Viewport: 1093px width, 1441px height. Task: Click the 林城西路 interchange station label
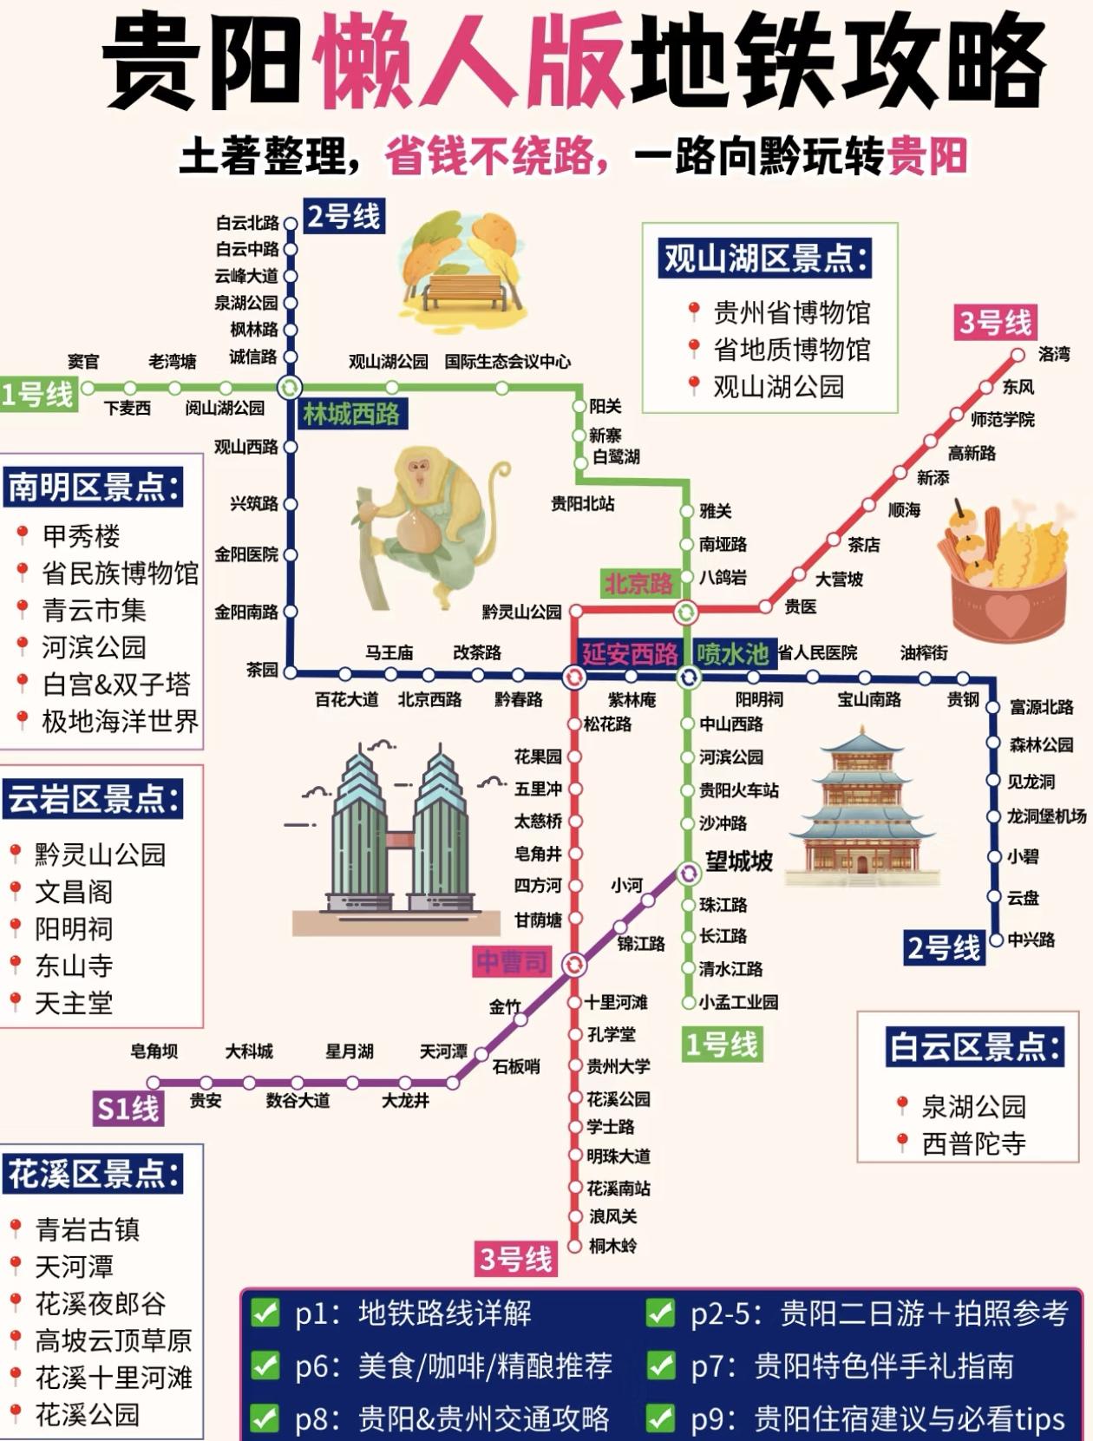[350, 415]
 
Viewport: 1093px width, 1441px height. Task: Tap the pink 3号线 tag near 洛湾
[995, 323]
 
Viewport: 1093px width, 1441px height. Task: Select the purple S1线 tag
[128, 1109]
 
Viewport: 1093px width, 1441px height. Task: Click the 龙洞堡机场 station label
[1045, 816]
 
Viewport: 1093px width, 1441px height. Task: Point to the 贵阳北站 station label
[582, 503]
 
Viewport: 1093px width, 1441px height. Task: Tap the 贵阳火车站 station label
[738, 790]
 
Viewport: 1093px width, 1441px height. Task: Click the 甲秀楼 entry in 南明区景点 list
[81, 535]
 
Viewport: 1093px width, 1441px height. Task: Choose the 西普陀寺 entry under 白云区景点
[972, 1143]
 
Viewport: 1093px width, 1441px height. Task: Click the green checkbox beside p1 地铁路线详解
[265, 1313]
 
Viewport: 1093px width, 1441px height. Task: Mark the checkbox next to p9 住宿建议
[660, 1418]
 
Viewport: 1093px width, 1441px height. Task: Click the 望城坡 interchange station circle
[688, 872]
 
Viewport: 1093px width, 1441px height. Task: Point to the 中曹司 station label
[512, 961]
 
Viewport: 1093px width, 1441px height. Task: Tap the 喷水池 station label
[732, 654]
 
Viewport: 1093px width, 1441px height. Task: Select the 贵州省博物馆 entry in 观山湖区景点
[790, 312]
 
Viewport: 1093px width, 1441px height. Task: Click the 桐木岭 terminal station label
[612, 1246]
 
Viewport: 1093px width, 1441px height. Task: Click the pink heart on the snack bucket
[1006, 614]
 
